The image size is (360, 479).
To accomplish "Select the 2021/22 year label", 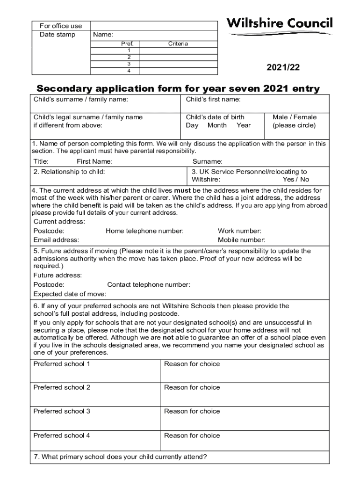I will (x=283, y=68).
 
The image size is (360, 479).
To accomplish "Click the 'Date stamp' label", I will (x=57, y=35).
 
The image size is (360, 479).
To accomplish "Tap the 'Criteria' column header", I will (x=178, y=44).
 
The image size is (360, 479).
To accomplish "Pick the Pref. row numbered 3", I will (x=129, y=64).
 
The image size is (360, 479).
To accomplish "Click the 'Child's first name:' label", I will (x=213, y=99).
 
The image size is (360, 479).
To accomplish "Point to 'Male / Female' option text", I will (x=295, y=117).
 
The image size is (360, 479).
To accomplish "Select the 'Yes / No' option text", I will (x=295, y=179).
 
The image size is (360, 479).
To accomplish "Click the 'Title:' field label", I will (x=41, y=161).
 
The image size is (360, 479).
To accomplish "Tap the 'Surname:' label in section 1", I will (x=208, y=161).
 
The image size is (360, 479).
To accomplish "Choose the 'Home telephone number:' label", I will (x=144, y=231).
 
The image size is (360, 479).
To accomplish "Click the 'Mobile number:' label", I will (x=241, y=240).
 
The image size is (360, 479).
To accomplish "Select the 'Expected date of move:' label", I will (x=70, y=294).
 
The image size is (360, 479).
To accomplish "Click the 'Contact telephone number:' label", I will (x=149, y=284).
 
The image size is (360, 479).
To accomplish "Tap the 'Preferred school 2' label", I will (x=62, y=387).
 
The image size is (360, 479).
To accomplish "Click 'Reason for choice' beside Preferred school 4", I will (x=192, y=435).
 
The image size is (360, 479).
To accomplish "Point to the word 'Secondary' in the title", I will (x=65, y=88).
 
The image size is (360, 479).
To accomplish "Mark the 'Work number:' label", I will (x=239, y=231).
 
